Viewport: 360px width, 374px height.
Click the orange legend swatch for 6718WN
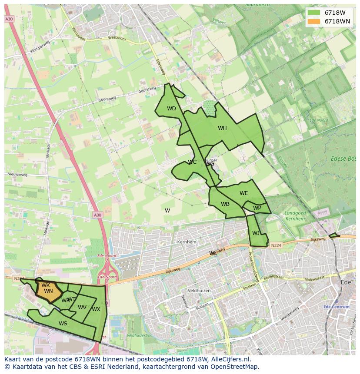point(313,21)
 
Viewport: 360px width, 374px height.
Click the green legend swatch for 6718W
point(313,13)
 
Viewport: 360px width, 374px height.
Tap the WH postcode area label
point(222,128)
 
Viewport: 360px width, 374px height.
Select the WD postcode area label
point(171,109)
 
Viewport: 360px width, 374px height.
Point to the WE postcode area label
point(243,193)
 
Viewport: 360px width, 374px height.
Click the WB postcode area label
point(225,204)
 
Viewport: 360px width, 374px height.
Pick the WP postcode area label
point(257,208)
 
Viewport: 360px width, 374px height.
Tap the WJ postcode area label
point(256,233)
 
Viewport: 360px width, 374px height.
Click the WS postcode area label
point(63,323)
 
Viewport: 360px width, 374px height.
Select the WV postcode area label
point(82,308)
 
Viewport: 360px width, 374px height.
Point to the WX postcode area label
point(96,309)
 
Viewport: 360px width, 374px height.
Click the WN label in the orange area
point(48,291)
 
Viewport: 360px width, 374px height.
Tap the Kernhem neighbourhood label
point(187,242)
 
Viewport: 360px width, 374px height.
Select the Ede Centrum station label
point(337,307)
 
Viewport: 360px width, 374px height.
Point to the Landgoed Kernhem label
point(295,215)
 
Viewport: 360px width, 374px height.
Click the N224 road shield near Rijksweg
point(276,245)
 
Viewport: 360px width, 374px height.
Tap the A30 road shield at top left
point(9,19)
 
